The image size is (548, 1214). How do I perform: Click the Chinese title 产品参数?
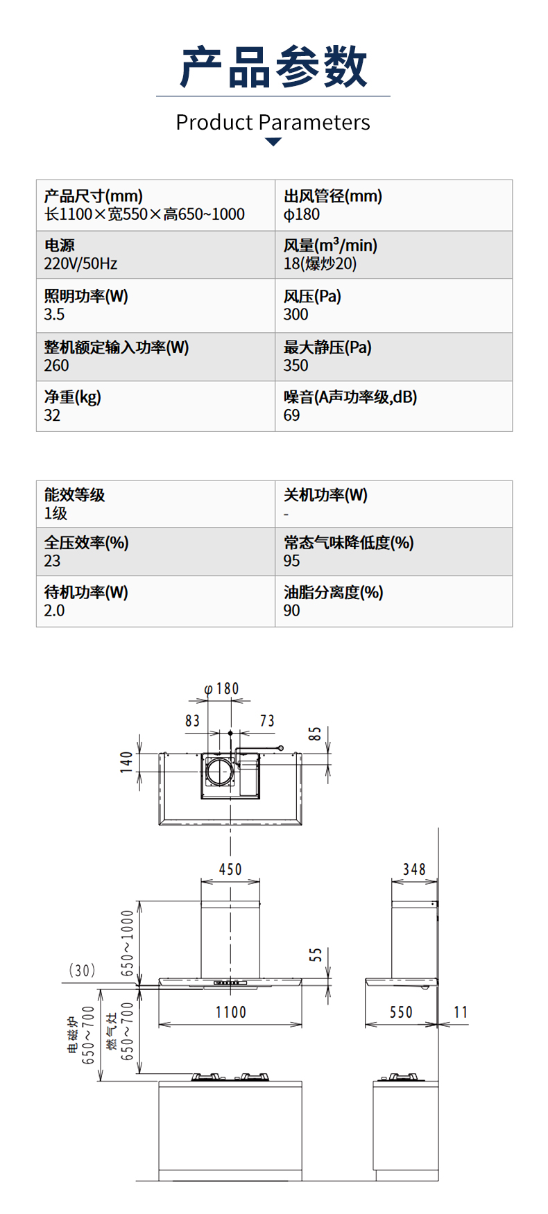pyautogui.click(x=273, y=67)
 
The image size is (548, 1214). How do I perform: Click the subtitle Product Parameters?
pyautogui.click(x=273, y=123)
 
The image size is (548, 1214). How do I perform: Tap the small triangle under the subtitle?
pyautogui.click(x=273, y=142)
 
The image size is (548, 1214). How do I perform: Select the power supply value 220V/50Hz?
pyautogui.click(x=80, y=264)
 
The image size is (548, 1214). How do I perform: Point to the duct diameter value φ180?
pyautogui.click(x=302, y=215)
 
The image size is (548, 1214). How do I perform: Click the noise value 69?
pyautogui.click(x=291, y=415)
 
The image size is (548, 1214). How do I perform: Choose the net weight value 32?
pyautogui.click(x=52, y=415)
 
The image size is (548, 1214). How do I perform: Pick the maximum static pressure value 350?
pyautogui.click(x=296, y=365)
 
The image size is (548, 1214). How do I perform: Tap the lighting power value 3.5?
pyautogui.click(x=54, y=315)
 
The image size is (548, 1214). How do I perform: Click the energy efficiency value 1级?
pyautogui.click(x=55, y=514)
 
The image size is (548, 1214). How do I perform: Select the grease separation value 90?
pyautogui.click(x=291, y=611)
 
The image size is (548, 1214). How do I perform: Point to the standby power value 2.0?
pyautogui.click(x=54, y=611)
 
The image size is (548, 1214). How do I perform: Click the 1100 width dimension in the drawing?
pyautogui.click(x=230, y=1012)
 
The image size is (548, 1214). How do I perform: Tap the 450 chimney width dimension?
pyautogui.click(x=230, y=869)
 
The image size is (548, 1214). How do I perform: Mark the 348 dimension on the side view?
pyautogui.click(x=414, y=869)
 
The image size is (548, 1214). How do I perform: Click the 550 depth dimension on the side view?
pyautogui.click(x=401, y=1012)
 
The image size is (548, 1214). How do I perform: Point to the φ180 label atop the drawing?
pyautogui.click(x=222, y=688)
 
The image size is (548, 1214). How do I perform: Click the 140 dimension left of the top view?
pyautogui.click(x=126, y=761)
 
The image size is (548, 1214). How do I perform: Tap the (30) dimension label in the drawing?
pyautogui.click(x=82, y=971)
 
